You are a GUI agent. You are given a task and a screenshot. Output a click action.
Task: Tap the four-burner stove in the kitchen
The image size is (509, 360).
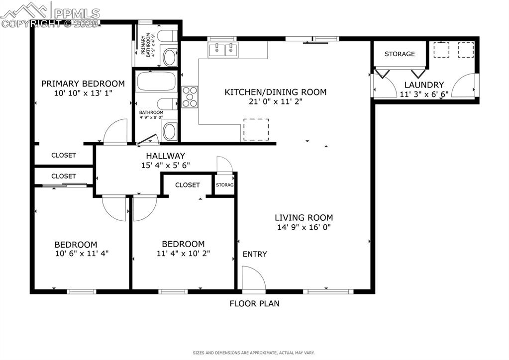(190, 97)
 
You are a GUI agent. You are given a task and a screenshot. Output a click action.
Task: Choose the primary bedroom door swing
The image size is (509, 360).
(114, 132)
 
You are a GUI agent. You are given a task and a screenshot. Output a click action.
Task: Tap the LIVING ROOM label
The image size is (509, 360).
(304, 217)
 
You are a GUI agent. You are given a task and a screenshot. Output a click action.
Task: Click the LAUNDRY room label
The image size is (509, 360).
(423, 85)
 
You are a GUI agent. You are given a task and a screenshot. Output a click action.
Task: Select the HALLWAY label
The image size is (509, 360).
(165, 156)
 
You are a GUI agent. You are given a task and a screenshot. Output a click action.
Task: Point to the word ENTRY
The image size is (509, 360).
(255, 254)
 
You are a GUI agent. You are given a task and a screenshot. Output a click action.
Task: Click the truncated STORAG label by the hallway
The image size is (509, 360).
(224, 185)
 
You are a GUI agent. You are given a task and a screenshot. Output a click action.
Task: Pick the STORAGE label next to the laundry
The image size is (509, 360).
(400, 54)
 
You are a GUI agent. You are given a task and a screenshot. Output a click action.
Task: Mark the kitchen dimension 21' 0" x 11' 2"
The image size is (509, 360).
(275, 101)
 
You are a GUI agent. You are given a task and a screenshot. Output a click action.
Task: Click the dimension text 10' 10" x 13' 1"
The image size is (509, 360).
(83, 92)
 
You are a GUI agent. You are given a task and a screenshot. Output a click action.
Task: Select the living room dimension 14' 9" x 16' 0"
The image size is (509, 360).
(304, 227)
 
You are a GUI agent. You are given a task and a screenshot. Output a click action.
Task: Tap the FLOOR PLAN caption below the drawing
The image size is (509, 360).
(254, 303)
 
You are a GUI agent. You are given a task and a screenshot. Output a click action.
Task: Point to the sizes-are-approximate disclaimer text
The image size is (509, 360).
(254, 353)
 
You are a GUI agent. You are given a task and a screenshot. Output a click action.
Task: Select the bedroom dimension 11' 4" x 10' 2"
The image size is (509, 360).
(183, 253)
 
